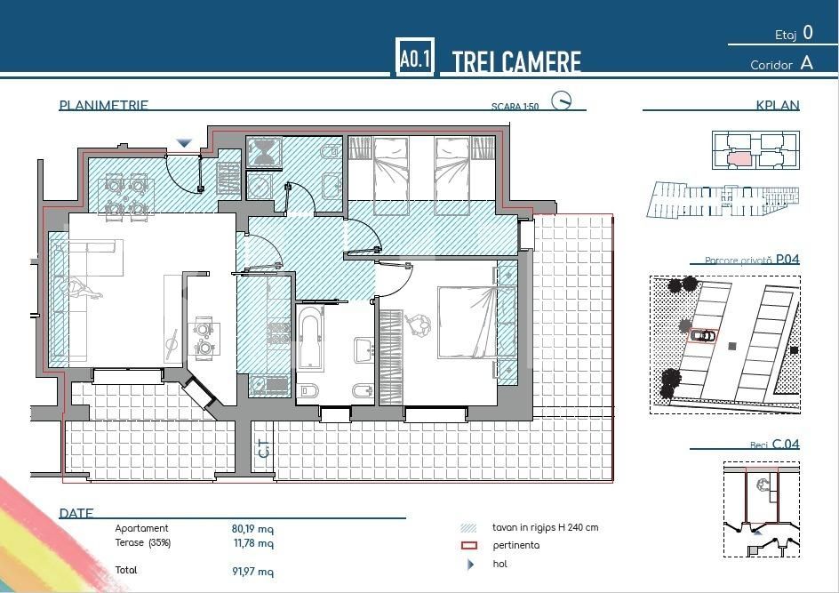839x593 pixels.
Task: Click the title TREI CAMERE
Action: [x=516, y=62]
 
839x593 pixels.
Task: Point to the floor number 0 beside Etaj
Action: [x=807, y=33]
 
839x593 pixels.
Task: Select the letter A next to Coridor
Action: [x=806, y=63]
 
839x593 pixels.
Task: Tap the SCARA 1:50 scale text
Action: [x=515, y=107]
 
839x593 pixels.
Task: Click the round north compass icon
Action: [x=561, y=100]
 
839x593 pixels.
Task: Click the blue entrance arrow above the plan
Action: [x=184, y=143]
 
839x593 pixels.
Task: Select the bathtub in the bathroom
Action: [x=311, y=338]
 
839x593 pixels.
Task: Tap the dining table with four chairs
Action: [x=125, y=196]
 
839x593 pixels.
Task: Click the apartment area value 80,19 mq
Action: [x=252, y=528]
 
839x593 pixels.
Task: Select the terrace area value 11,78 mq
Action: [x=252, y=543]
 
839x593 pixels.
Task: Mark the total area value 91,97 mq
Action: [x=252, y=571]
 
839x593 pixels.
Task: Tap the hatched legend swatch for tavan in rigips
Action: [x=470, y=527]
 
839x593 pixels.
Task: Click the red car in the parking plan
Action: [x=702, y=335]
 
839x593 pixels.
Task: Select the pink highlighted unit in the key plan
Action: [x=739, y=159]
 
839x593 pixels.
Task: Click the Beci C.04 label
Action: [x=775, y=444]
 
